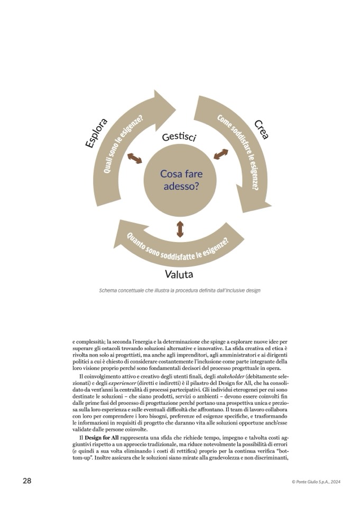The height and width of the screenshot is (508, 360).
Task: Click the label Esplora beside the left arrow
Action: [x=97, y=133]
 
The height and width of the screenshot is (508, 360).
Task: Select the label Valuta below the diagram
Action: [x=179, y=274]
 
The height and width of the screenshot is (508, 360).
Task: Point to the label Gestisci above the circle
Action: [x=179, y=136]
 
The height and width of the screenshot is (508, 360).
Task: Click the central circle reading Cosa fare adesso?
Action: [x=181, y=180]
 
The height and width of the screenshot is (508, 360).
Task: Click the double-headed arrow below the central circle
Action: [x=180, y=229]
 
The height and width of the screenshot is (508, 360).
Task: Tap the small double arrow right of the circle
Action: [x=221, y=154]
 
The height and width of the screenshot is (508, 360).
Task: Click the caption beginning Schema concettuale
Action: [x=180, y=290]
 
